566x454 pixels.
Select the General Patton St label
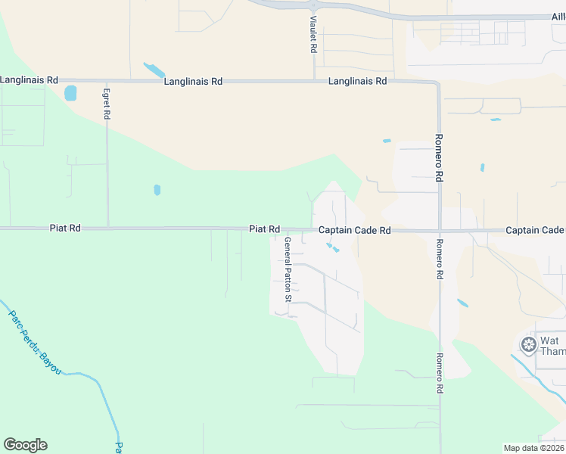288,269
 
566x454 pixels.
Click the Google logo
25,445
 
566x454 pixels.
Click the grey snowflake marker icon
528,345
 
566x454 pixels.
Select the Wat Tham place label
551,346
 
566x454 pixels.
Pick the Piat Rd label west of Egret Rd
65,228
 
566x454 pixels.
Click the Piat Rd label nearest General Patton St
265,229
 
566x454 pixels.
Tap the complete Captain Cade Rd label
354,230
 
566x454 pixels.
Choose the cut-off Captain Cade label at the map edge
535,230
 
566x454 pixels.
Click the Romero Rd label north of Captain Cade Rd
438,158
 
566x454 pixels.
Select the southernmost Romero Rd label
440,374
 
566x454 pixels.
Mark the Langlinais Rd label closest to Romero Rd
357,81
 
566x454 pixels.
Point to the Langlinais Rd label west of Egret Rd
29,79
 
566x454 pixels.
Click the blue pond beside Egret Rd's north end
70,93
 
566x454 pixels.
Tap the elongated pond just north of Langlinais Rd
154,70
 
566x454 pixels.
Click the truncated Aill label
558,17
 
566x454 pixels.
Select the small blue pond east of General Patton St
331,247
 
